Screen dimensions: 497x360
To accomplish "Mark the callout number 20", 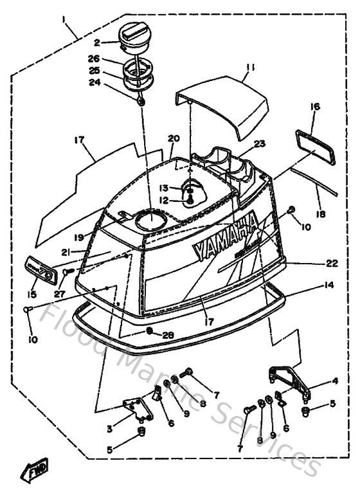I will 173,139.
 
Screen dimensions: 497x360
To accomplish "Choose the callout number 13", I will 163,188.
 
